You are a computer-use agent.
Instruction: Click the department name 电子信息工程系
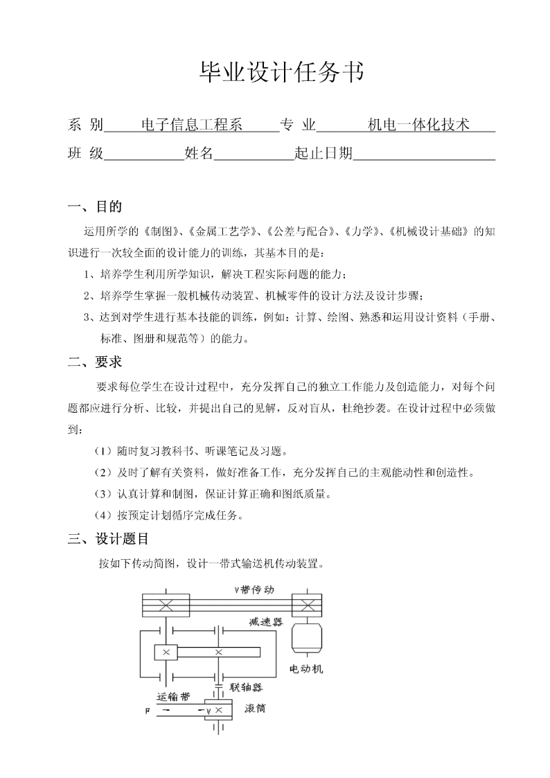pyautogui.click(x=191, y=125)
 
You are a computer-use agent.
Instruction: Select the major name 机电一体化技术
pyautogui.click(x=419, y=125)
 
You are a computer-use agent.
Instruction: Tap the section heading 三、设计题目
pyautogui.click(x=108, y=538)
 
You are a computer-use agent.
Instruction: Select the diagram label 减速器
pyautogui.click(x=267, y=621)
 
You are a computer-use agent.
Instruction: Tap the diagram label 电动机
pyautogui.click(x=305, y=670)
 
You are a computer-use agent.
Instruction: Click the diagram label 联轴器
pyautogui.click(x=246, y=687)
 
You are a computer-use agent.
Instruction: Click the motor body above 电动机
pyautogui.click(x=305, y=637)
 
